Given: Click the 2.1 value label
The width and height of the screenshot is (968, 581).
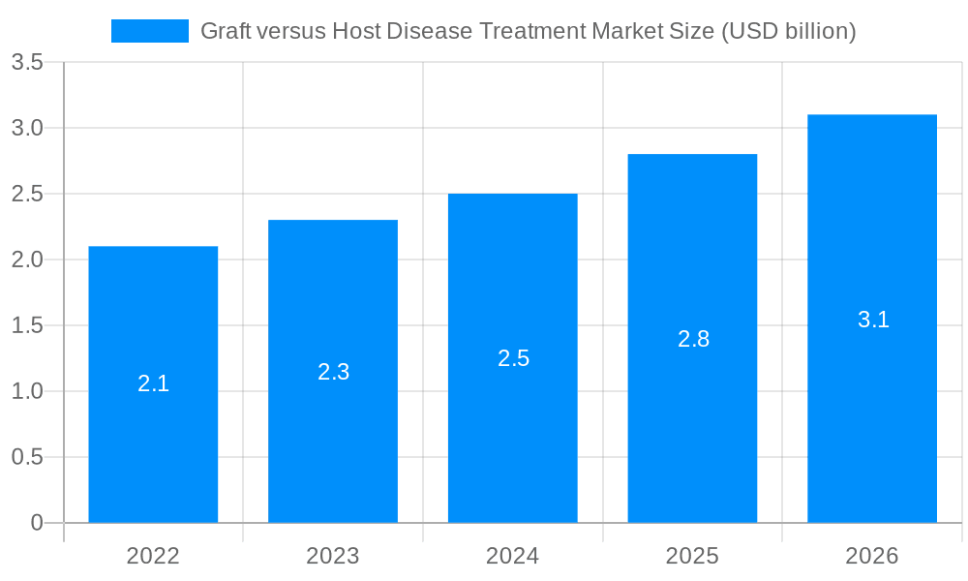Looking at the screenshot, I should [153, 383].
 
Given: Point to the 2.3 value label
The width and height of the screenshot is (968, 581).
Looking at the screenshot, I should [333, 371].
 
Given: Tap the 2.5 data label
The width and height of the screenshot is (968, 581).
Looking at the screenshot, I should [513, 358].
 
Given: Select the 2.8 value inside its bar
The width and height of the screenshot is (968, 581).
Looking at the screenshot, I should [693, 339].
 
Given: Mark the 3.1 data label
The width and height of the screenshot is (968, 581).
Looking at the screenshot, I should [873, 320].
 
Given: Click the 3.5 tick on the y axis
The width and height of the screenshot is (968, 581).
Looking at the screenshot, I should [27, 63].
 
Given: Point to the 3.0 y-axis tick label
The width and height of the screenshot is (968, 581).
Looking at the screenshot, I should [27, 128].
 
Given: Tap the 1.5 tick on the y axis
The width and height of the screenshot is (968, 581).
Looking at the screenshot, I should [27, 325].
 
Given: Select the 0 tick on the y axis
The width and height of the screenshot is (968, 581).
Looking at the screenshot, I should [37, 523].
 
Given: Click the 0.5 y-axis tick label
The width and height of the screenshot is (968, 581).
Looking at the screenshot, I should [27, 457].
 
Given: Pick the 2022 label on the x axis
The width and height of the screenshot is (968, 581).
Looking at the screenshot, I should [153, 556].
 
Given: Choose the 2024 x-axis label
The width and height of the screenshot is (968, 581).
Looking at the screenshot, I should [513, 556].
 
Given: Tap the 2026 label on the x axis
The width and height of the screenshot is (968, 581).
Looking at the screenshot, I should [872, 556].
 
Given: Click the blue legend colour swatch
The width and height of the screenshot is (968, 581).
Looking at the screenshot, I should [150, 31].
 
